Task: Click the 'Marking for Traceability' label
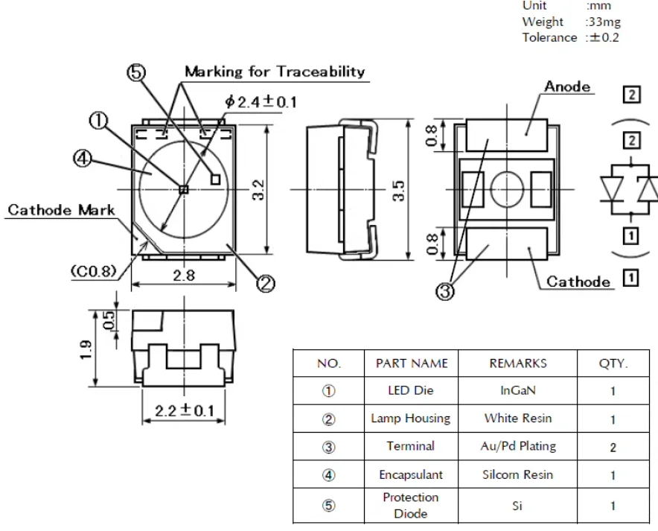(x=275, y=71)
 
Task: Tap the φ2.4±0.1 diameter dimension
(x=261, y=101)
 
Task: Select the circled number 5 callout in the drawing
(x=136, y=73)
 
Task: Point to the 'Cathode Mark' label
(x=61, y=209)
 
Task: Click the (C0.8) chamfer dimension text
(x=93, y=271)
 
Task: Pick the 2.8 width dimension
(x=184, y=276)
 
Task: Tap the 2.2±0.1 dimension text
(x=184, y=410)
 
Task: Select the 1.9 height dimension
(x=86, y=349)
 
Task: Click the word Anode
(x=567, y=86)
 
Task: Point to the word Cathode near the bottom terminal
(x=578, y=282)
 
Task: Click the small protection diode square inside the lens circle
(x=215, y=179)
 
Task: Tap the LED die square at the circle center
(x=184, y=189)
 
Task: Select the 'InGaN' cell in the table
(x=518, y=390)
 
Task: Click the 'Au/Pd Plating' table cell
(x=518, y=446)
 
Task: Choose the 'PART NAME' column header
(x=412, y=363)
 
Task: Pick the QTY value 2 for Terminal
(x=613, y=448)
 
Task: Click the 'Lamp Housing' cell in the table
(x=410, y=419)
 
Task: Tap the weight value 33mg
(x=604, y=22)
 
